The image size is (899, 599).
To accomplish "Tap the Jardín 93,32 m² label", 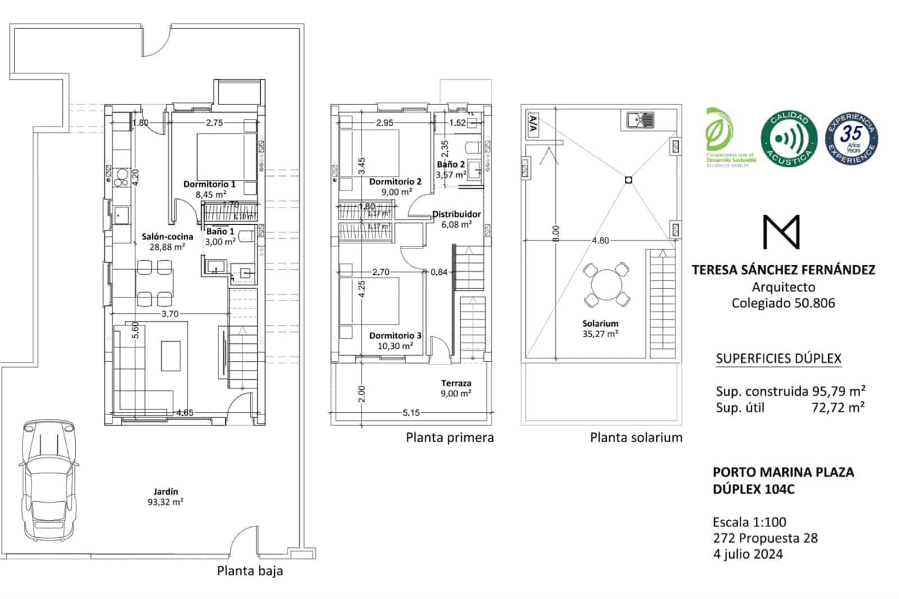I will tap(166, 497).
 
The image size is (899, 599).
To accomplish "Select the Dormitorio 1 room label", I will tap(210, 184).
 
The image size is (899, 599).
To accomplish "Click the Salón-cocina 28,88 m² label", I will tap(167, 242).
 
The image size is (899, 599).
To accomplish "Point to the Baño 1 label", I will tap(220, 232).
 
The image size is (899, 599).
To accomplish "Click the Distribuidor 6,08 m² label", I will tap(456, 219).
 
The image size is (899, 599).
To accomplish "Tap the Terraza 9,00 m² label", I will tap(456, 388).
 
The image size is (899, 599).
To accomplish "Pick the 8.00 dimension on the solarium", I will tap(556, 233).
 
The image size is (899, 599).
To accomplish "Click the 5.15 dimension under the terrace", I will tap(411, 413).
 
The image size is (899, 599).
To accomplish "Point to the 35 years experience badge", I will tap(851, 138).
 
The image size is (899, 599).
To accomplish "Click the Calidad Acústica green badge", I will tap(788, 138).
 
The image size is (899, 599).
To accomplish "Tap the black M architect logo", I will tap(781, 232).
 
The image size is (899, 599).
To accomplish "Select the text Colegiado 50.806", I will tap(783, 303).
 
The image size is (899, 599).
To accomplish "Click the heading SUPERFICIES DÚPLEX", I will tap(779, 359).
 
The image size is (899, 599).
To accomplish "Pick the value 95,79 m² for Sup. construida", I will tap(838, 391).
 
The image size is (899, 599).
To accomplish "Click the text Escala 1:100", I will tap(750, 521).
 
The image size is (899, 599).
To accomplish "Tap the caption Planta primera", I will tap(449, 438).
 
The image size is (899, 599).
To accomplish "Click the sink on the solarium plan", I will tap(640, 120).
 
